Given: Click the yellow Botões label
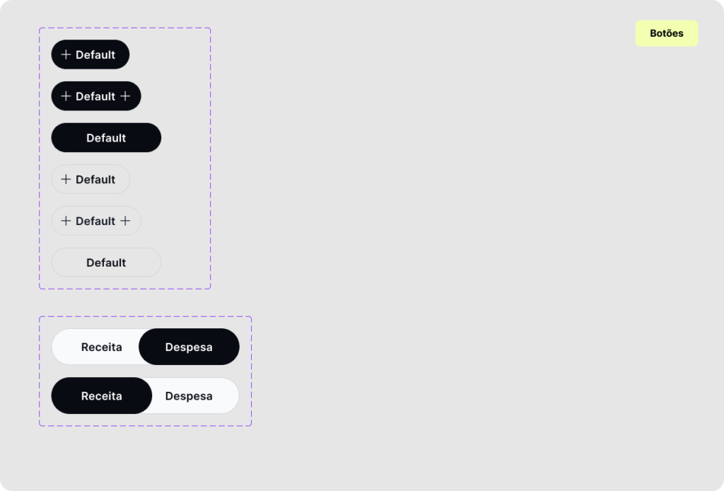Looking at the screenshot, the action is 667,33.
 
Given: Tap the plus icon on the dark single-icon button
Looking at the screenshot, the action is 66,54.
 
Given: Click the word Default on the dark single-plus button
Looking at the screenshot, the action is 95,55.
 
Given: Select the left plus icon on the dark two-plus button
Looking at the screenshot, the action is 66,96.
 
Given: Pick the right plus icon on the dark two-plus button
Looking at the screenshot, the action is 125,96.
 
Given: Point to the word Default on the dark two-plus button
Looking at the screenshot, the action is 95,96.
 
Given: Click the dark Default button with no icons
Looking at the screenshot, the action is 106,138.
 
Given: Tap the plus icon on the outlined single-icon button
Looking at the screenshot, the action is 66,179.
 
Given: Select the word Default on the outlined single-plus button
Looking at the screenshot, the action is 95,180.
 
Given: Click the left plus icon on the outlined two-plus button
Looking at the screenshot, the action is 66,221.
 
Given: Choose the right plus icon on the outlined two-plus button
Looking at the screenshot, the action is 125,221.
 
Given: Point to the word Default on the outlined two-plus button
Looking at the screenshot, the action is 95,221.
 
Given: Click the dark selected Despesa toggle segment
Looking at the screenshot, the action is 189,347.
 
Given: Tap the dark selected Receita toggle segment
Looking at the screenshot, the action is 102,396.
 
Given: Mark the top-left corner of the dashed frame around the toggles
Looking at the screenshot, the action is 40,317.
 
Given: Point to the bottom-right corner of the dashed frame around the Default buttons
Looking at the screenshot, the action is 211,289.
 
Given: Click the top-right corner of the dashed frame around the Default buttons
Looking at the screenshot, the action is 211,28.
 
